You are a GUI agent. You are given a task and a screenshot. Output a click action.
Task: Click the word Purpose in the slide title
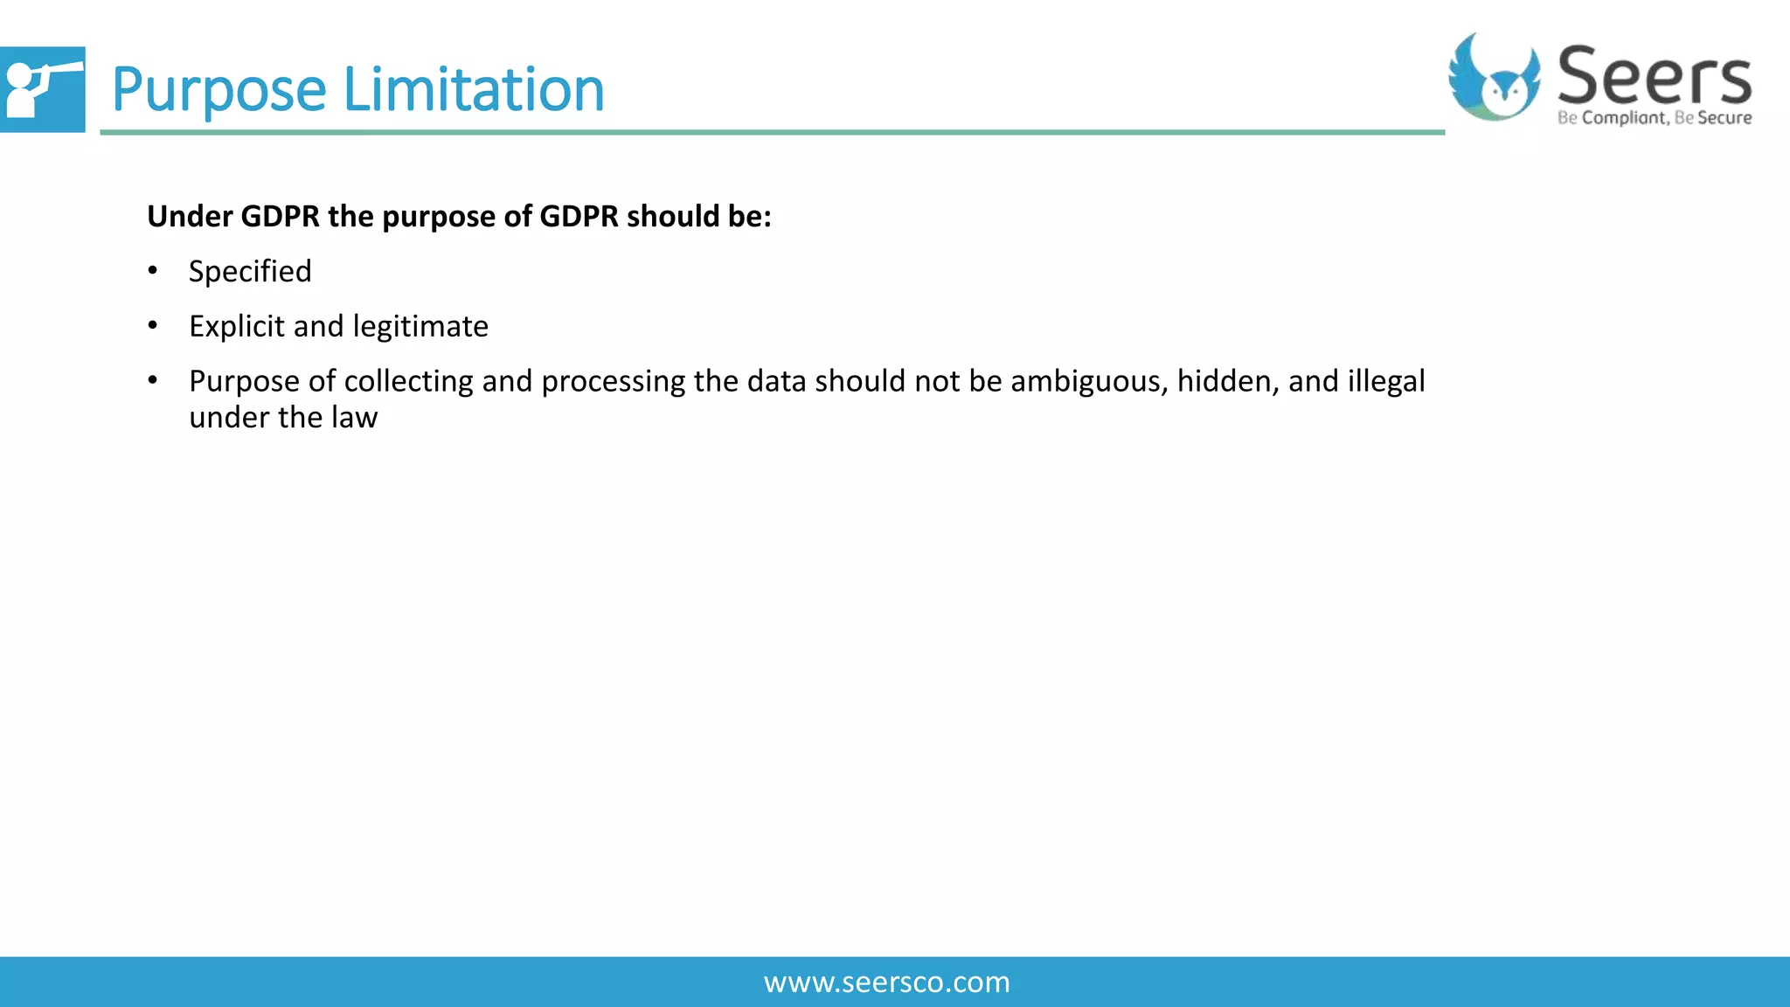pos(219,90)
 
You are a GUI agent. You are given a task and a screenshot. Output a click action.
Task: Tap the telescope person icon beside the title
pos(41,89)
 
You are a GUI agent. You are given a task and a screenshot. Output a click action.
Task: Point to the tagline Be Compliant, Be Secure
pos(1654,118)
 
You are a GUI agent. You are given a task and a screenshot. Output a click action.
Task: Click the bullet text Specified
pos(250,272)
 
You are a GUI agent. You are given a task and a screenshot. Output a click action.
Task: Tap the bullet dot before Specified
pos(153,271)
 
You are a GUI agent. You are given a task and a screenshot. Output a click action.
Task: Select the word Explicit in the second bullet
pos(236,327)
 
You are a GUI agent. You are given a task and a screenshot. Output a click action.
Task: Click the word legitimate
pos(420,327)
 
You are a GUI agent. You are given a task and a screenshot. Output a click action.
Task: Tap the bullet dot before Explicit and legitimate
pos(153,326)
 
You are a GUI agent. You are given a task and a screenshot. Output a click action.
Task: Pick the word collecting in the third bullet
pos(408,382)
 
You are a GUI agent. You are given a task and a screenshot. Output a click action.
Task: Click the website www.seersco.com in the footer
pos(886,983)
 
